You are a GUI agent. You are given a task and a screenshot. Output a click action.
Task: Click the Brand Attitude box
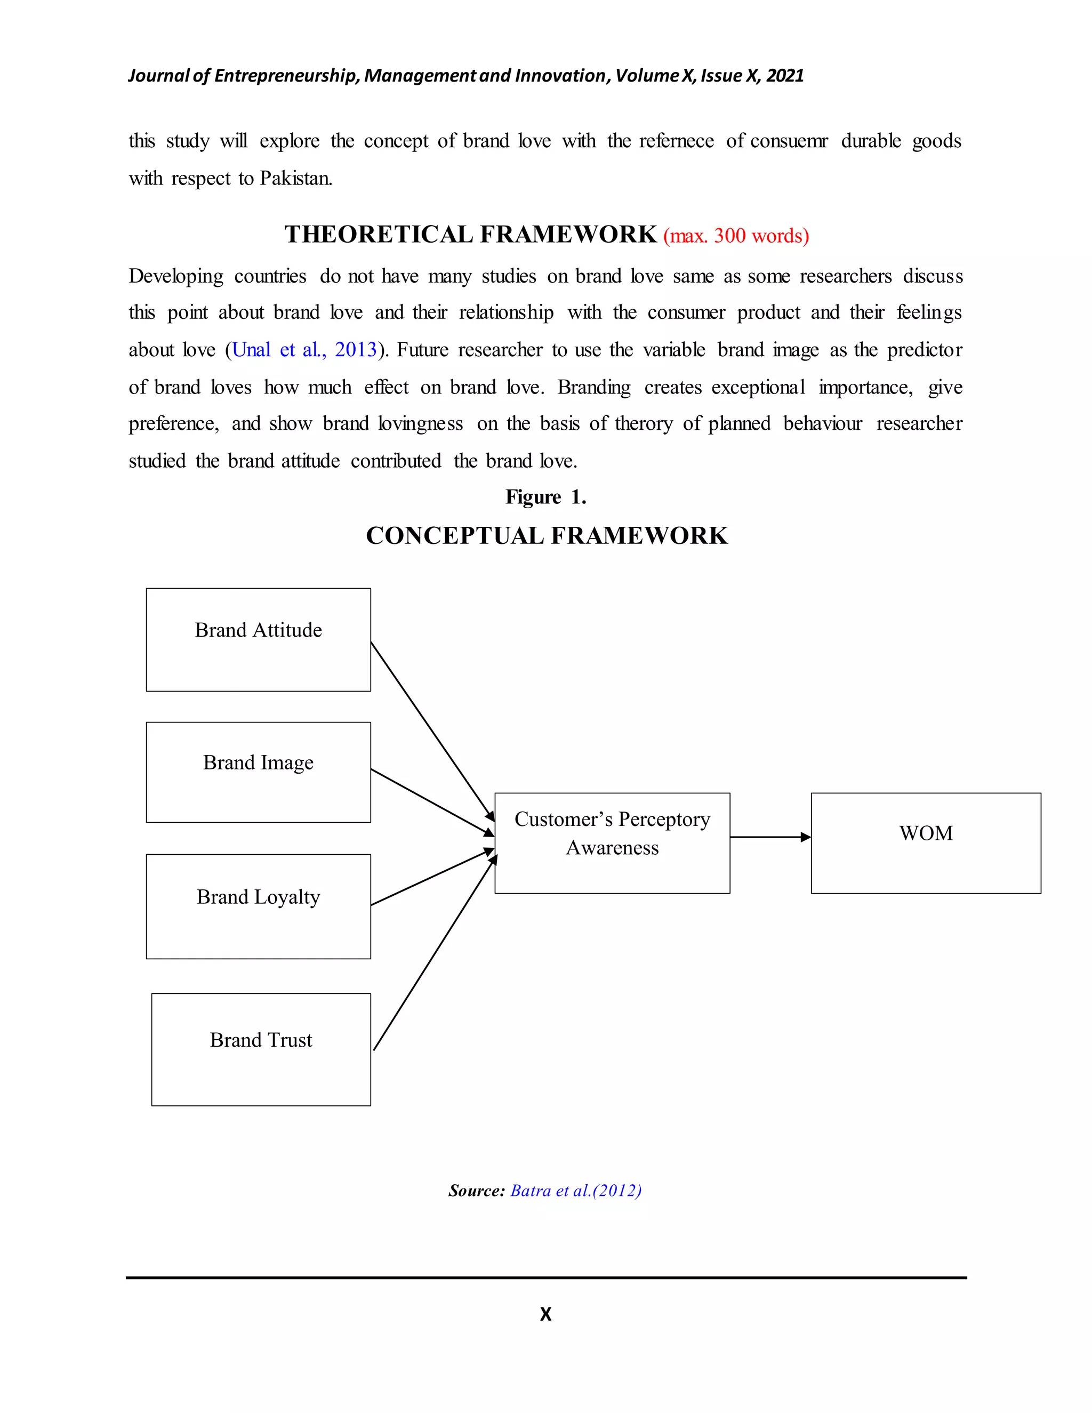258,639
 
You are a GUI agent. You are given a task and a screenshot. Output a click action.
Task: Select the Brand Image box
258,772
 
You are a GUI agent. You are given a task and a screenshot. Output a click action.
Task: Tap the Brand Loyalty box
258,906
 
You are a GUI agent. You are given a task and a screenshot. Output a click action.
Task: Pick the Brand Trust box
261,1049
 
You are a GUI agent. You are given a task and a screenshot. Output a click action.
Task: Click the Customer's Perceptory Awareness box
612,842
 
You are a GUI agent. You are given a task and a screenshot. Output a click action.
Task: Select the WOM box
925,842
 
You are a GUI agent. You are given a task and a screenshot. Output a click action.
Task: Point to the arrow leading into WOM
770,837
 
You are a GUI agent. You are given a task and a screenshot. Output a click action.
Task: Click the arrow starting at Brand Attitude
432,731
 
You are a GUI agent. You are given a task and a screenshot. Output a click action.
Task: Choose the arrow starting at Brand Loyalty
432,877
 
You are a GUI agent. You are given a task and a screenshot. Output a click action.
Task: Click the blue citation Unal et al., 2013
304,350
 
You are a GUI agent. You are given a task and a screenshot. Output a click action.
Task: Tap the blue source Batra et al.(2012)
576,1191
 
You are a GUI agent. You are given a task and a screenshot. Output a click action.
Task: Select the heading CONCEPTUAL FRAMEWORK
547,536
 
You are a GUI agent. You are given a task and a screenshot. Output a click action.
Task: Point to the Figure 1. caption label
545,497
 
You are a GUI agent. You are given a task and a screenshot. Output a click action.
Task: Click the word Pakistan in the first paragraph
295,179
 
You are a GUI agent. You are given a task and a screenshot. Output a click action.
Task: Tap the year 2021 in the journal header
785,76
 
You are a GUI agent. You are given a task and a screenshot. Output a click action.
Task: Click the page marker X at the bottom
545,1314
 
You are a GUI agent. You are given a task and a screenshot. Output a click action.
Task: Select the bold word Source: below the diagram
476,1191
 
